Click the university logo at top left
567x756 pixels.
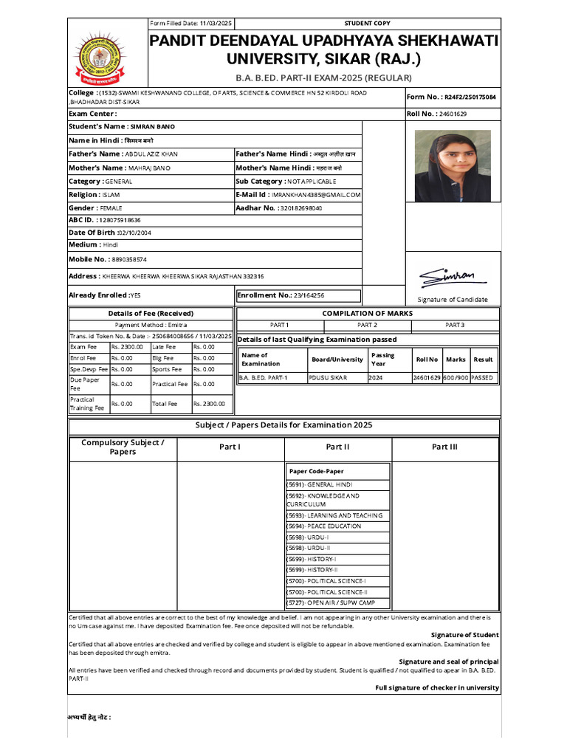[x=107, y=55]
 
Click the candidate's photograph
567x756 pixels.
[x=452, y=166]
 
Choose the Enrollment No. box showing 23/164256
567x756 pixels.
[x=298, y=295]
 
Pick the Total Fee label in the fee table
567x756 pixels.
[x=165, y=404]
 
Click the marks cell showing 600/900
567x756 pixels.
[x=456, y=377]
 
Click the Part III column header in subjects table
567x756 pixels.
[x=444, y=447]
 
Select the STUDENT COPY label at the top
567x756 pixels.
[x=367, y=24]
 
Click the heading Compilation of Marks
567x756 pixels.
[x=367, y=313]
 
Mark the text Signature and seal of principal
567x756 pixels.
[x=448, y=661]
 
